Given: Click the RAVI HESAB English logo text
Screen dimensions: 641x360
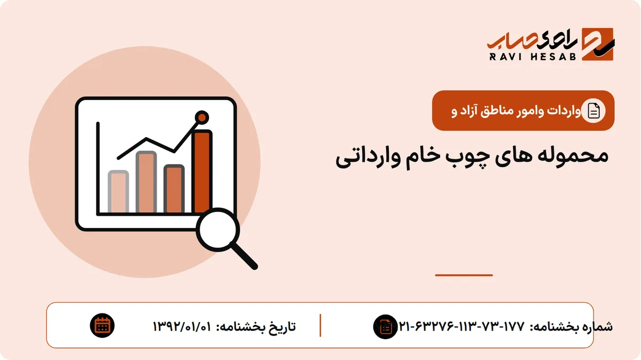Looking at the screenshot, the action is pyautogui.click(x=533, y=57).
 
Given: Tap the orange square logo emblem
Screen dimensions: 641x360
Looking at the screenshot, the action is pyautogui.click(x=598, y=44).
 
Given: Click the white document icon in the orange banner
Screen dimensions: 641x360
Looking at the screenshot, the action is pyautogui.click(x=593, y=111).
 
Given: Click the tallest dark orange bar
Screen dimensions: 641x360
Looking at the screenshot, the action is pyautogui.click(x=202, y=171).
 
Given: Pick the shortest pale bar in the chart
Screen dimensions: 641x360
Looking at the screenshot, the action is pyautogui.click(x=118, y=192).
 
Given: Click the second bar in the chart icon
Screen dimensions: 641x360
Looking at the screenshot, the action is pyautogui.click(x=146, y=182).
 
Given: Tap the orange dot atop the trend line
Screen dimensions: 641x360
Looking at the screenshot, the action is pyautogui.click(x=202, y=118).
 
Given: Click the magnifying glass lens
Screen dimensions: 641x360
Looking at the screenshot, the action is pyautogui.click(x=218, y=230).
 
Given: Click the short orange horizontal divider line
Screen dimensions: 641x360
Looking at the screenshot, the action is pyautogui.click(x=464, y=275).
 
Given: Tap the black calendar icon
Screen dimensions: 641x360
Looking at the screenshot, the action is pyautogui.click(x=102, y=326).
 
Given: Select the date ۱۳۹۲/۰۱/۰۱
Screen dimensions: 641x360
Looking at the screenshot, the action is pyautogui.click(x=182, y=326).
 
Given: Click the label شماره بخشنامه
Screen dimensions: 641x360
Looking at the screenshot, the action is pyautogui.click(x=571, y=327).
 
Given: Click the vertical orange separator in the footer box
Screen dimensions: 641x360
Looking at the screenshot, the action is pyautogui.click(x=320, y=325).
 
